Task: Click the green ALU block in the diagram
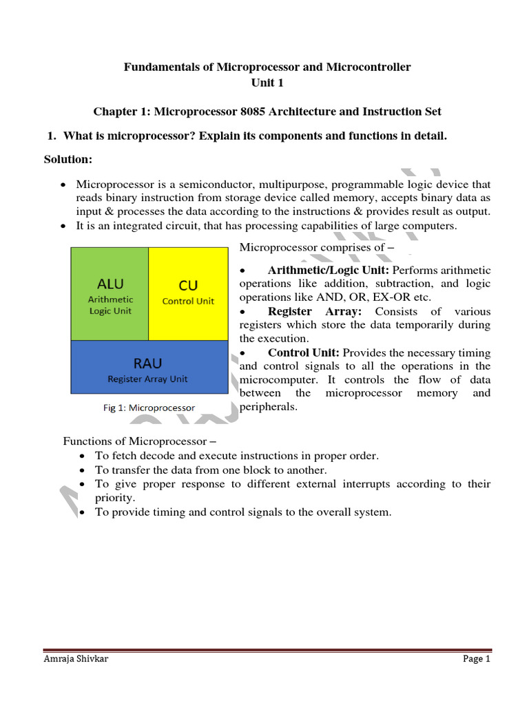[110, 294]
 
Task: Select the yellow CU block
[188, 294]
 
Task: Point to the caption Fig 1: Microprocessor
[144, 408]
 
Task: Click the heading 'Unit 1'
[267, 83]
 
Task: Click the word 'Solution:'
[68, 159]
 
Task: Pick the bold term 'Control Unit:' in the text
[304, 352]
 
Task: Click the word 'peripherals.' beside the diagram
[268, 407]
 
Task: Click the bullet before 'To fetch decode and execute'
[83, 456]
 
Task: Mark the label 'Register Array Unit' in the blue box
[147, 379]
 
